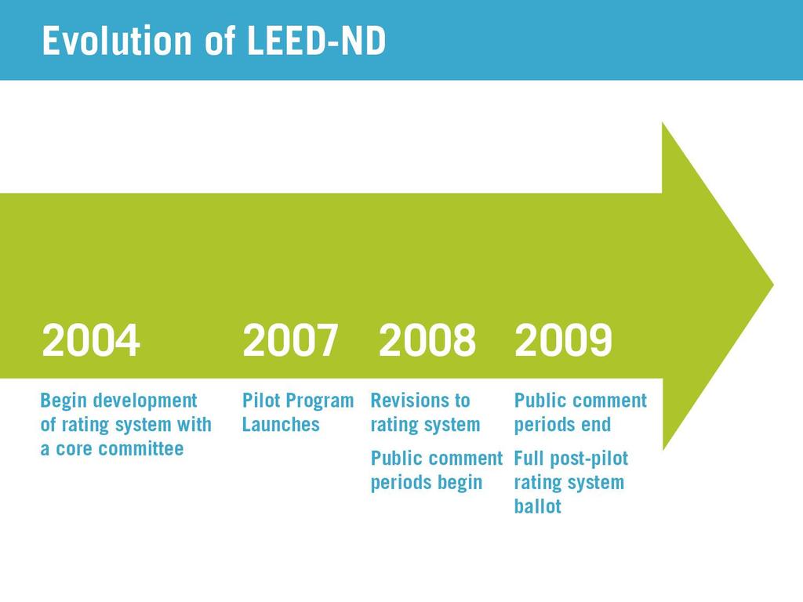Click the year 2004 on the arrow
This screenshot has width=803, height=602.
click(91, 340)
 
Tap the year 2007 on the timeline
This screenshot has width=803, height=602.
click(290, 340)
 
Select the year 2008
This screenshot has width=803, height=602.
click(427, 340)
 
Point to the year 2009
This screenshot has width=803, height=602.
click(563, 340)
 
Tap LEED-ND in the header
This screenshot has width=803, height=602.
click(316, 41)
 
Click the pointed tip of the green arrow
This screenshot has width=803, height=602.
click(773, 285)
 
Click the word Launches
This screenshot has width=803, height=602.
click(281, 424)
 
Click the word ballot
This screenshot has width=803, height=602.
click(538, 506)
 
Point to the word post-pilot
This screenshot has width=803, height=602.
click(589, 459)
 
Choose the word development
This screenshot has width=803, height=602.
click(145, 401)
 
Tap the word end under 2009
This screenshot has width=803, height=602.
click(596, 424)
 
